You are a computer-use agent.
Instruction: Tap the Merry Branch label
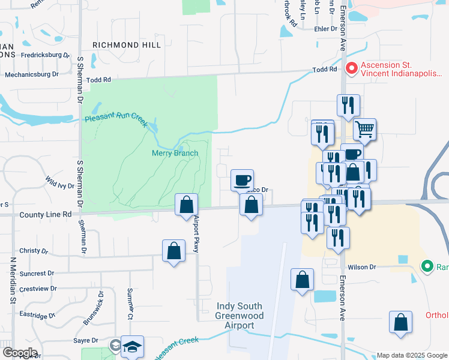174,153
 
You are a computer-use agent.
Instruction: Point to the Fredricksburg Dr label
46,55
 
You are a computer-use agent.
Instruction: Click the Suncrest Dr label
36,274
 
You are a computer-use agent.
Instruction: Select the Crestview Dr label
38,289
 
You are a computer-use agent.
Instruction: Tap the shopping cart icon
364,128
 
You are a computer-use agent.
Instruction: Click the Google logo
19,353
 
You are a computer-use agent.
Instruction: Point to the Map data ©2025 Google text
412,355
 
